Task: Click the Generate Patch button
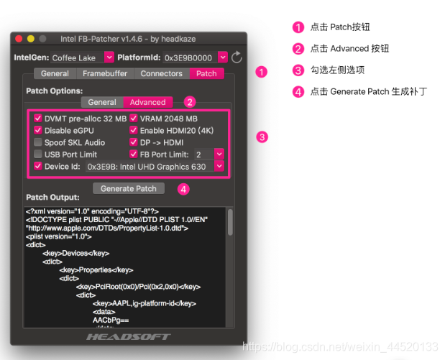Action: [129, 188]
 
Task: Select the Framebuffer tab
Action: [106, 73]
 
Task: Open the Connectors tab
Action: [161, 73]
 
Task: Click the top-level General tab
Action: [55, 73]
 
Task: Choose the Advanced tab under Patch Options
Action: [147, 102]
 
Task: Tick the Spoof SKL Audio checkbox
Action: [38, 142]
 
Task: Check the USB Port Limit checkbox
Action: [38, 154]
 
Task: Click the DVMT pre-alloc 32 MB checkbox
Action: [38, 118]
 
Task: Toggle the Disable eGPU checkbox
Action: [38, 130]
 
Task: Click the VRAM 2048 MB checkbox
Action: [134, 118]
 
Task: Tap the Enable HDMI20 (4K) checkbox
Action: [134, 130]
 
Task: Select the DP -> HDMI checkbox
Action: [134, 142]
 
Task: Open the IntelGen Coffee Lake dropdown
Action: [109, 57]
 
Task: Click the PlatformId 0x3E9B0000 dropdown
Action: [222, 57]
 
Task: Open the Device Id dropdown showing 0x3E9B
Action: [219, 166]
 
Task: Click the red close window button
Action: [19, 38]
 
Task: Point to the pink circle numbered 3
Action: [262, 137]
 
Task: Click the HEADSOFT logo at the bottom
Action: [129, 336]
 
